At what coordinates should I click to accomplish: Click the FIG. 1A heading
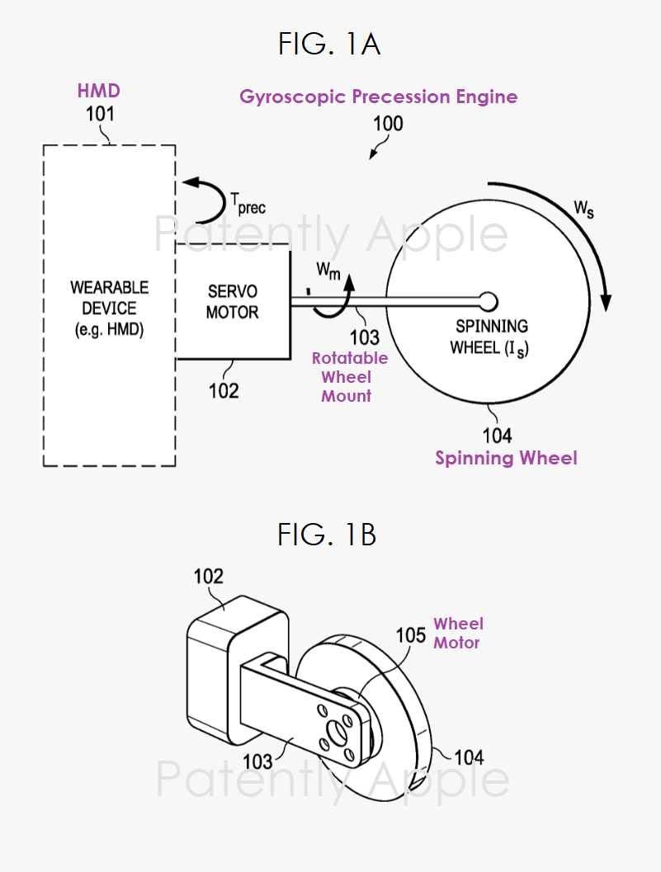click(x=329, y=44)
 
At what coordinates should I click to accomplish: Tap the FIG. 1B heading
click(x=327, y=535)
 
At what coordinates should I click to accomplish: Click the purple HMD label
click(x=99, y=90)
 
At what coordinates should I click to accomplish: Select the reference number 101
click(x=100, y=114)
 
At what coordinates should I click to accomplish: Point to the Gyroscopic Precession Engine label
click(x=379, y=97)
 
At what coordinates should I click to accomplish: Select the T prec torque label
click(x=248, y=203)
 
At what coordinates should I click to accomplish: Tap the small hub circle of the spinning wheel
click(x=487, y=299)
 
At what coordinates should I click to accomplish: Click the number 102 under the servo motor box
click(x=223, y=389)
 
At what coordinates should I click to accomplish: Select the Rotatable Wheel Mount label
click(x=350, y=377)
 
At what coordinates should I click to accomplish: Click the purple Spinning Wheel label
click(x=506, y=458)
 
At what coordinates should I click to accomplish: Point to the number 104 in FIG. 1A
click(x=496, y=435)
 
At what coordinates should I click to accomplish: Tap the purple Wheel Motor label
click(x=458, y=633)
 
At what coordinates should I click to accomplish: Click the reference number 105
click(x=410, y=635)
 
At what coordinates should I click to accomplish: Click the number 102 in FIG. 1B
click(x=208, y=576)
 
